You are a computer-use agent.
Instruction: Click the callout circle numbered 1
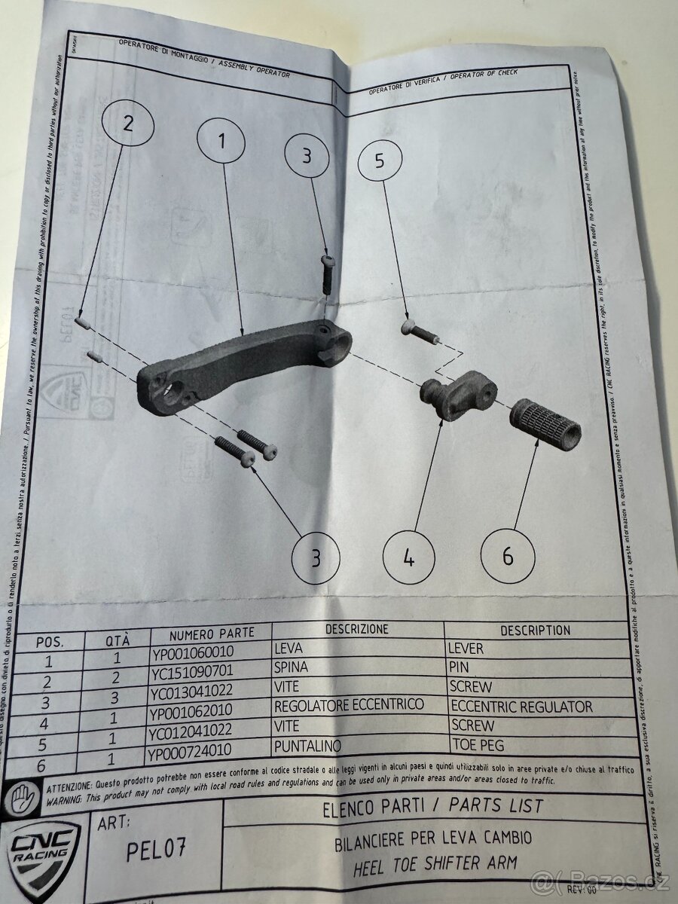coord(222,140)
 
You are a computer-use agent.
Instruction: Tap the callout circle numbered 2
coord(127,123)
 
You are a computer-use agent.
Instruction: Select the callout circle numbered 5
coord(379,160)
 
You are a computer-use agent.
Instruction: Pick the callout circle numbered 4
coord(408,558)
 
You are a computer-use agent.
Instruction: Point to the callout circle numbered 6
coord(508,557)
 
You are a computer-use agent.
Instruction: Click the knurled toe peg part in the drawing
coord(547,424)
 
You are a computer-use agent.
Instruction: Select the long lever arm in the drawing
coord(241,363)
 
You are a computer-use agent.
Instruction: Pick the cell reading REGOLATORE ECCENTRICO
coord(349,706)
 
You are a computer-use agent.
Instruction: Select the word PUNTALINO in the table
coord(308,746)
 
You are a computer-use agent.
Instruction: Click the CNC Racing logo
coord(43,851)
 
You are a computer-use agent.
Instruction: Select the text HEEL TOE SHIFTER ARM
coord(435,863)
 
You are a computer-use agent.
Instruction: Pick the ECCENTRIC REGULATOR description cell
coord(521,707)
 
